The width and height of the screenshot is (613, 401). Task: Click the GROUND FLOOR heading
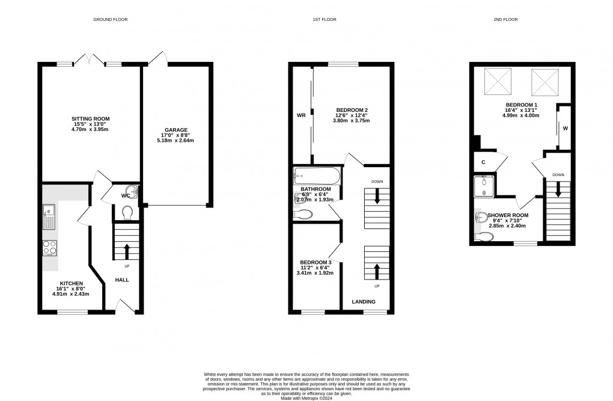[110, 20]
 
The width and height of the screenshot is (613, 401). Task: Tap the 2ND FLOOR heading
[505, 20]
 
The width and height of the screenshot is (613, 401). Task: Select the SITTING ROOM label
[91, 118]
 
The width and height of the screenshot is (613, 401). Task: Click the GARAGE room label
[177, 130]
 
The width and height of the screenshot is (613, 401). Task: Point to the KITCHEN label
[71, 283]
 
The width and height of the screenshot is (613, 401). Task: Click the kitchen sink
[49, 216]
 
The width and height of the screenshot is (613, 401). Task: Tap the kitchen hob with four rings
[49, 248]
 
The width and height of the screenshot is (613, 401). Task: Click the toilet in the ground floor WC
[127, 212]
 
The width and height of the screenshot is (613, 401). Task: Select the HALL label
[122, 280]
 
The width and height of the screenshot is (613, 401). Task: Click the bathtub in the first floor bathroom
[316, 177]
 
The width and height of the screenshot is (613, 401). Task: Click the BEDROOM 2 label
[352, 109]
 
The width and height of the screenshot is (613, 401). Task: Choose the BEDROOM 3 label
[315, 262]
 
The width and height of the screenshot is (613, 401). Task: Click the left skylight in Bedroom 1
[498, 82]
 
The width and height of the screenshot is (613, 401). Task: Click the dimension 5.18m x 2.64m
[177, 141]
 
